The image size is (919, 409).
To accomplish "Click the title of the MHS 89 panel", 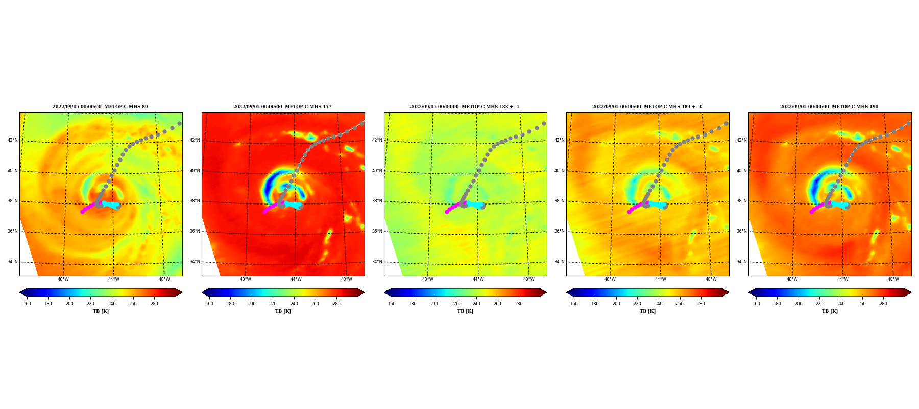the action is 100,107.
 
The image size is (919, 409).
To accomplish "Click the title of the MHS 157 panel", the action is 282,107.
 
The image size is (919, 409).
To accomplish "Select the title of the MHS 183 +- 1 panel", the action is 465,107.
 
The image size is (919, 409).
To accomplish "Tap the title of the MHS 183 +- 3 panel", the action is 647,107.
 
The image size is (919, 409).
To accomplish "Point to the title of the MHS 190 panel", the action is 829,107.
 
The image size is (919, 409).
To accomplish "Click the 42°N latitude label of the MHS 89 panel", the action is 13,140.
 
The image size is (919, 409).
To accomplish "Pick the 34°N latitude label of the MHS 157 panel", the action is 195,262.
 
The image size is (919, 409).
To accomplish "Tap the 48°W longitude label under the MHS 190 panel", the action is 792,279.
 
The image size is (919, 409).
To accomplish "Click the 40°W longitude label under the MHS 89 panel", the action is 164,279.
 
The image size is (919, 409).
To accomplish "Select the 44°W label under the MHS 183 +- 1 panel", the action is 478,279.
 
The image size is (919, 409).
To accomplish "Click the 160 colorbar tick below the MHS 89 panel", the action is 27,304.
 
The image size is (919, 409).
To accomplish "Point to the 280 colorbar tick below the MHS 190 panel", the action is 883,304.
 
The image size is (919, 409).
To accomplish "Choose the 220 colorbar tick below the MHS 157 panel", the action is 273,304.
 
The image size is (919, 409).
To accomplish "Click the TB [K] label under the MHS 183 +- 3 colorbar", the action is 647,311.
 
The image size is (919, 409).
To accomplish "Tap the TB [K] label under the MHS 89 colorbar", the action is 101,311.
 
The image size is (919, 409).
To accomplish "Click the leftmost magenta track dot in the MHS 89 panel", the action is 82,212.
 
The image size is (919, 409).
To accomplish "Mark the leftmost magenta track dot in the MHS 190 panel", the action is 811,212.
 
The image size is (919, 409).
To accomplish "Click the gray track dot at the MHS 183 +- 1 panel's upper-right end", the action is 544,123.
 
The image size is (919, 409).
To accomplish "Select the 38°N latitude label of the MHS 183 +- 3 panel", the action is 560,201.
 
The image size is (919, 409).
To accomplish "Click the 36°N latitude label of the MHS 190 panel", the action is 742,231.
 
